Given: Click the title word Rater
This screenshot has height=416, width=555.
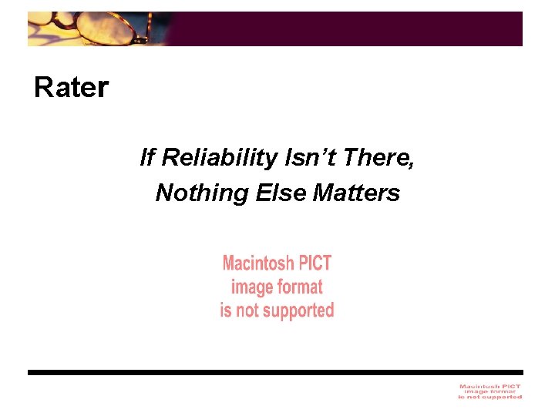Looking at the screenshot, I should (71, 88).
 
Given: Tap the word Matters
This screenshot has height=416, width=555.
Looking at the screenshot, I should (357, 193).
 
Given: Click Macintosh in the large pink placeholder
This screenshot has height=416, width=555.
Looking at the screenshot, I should (258, 263).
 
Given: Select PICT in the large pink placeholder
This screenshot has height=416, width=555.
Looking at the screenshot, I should (315, 263).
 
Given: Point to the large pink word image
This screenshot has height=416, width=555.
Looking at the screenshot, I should (251, 287).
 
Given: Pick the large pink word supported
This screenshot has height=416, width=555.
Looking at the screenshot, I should (297, 311).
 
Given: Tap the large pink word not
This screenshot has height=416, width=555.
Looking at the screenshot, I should (247, 311).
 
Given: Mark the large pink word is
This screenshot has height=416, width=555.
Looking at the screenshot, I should (226, 311).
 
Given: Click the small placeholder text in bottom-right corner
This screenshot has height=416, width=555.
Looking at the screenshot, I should (490, 391).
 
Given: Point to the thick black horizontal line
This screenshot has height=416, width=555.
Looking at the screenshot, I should (275, 372).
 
